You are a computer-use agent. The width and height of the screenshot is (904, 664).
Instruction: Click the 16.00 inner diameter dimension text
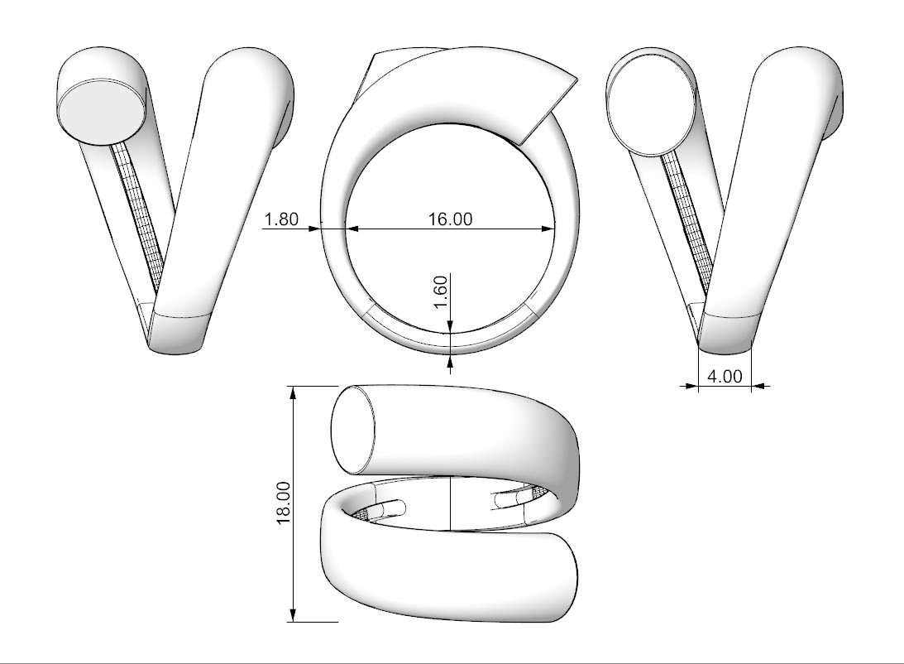pos(450,219)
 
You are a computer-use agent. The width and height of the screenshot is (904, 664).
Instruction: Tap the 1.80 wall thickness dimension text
pos(281,219)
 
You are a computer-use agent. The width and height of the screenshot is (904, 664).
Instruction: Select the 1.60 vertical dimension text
pos(440,292)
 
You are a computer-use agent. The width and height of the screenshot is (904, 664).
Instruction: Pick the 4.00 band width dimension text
pos(725,376)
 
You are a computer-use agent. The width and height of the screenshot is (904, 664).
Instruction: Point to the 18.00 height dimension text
pos(283,503)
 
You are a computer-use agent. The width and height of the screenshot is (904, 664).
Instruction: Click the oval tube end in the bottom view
pos(353,430)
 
